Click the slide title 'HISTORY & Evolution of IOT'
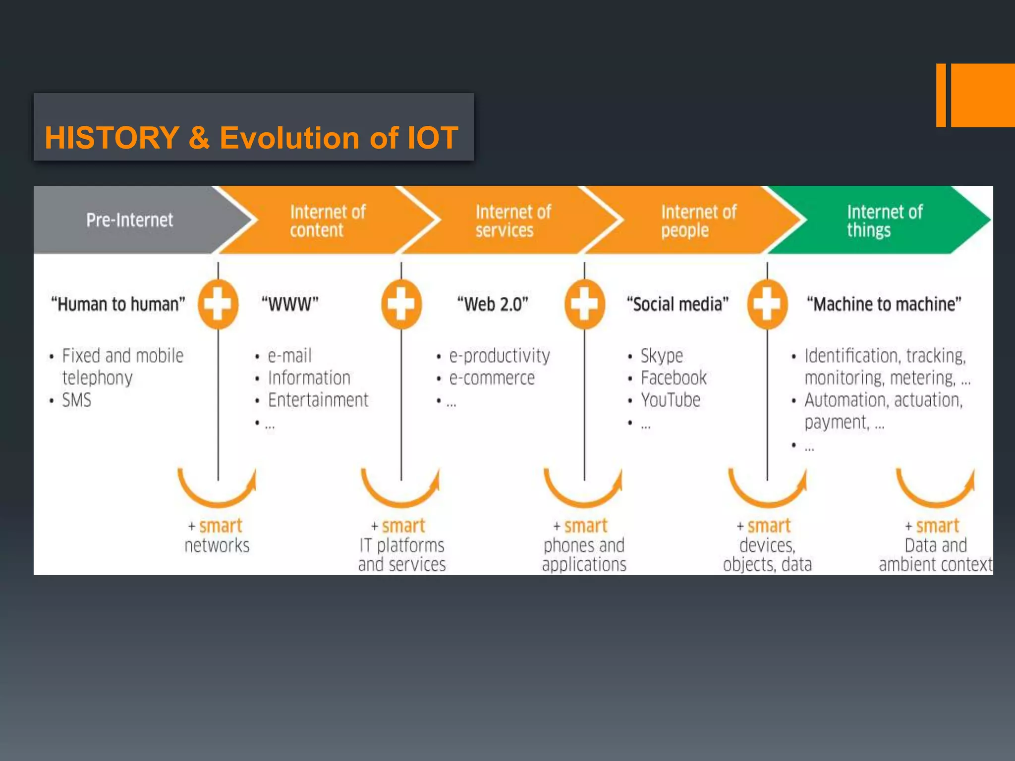[x=251, y=137]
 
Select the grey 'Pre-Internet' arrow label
[x=129, y=220]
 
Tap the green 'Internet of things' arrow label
[x=884, y=221]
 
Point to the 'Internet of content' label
[x=327, y=221]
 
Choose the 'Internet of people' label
[x=698, y=221]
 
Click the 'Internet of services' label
[x=512, y=221]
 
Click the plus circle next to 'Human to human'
[x=218, y=304]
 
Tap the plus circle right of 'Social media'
[x=767, y=304]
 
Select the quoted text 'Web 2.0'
[x=493, y=304]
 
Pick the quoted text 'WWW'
[x=290, y=304]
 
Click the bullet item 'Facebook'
[x=674, y=378]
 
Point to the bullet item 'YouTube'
[x=670, y=400]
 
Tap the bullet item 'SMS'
[x=76, y=400]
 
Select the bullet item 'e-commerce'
[x=492, y=378]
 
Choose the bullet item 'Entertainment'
[x=318, y=400]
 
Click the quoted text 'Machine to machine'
[x=884, y=304]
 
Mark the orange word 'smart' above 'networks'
[x=221, y=525]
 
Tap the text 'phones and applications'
[x=584, y=555]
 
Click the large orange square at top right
[x=983, y=95]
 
